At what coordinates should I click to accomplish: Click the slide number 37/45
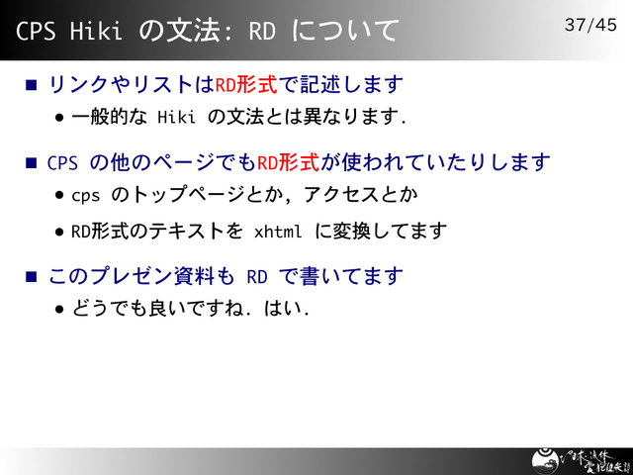(589, 24)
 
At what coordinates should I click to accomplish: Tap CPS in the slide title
(36, 31)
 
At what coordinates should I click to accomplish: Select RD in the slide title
(262, 31)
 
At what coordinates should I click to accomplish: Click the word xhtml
(278, 232)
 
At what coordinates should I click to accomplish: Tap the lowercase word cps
(86, 195)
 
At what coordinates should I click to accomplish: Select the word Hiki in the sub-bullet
(178, 118)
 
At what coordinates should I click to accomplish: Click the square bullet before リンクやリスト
(32, 85)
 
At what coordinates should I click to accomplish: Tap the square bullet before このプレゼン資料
(32, 275)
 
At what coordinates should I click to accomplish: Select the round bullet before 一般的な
(60, 119)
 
